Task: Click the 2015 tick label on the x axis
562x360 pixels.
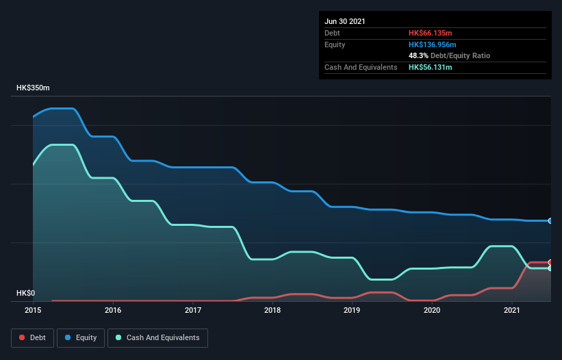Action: (33, 310)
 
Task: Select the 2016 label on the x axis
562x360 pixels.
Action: (113, 310)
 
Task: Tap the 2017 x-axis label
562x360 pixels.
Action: (193, 310)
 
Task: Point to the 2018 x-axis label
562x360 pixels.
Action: (272, 310)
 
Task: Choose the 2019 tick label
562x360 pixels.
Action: (352, 310)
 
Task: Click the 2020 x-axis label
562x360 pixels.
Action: (432, 310)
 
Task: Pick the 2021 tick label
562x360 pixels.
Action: (512, 310)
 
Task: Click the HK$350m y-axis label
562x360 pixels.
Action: (33, 88)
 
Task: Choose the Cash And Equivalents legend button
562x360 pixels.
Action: (157, 337)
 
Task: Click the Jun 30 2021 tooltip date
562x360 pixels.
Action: (345, 21)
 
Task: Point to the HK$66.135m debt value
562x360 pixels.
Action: (430, 33)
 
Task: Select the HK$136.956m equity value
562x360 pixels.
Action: (432, 44)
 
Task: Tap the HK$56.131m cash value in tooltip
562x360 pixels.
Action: (430, 67)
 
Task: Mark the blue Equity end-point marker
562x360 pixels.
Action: (550, 221)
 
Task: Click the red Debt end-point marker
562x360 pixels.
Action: (550, 262)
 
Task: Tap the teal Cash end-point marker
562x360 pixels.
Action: (550, 268)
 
